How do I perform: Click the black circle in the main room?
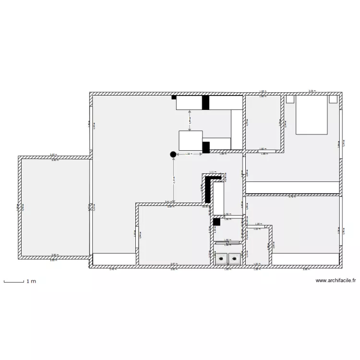click(x=173, y=154)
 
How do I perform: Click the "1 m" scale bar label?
click(x=31, y=282)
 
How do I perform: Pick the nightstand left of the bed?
click(x=289, y=99)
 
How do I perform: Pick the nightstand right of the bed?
click(x=333, y=99)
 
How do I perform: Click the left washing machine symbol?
click(x=221, y=259)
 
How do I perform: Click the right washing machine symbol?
click(x=234, y=259)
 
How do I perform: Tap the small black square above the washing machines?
click(x=216, y=222)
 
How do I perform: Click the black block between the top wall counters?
click(x=205, y=103)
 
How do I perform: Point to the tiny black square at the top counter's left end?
click(x=174, y=97)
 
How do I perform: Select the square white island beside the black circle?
click(x=191, y=140)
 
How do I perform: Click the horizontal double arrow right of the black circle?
click(x=189, y=154)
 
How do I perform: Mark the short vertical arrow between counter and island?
click(x=190, y=120)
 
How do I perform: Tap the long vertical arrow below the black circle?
click(x=173, y=180)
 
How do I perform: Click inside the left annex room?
click(x=54, y=207)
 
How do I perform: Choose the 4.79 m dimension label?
click(x=291, y=196)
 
